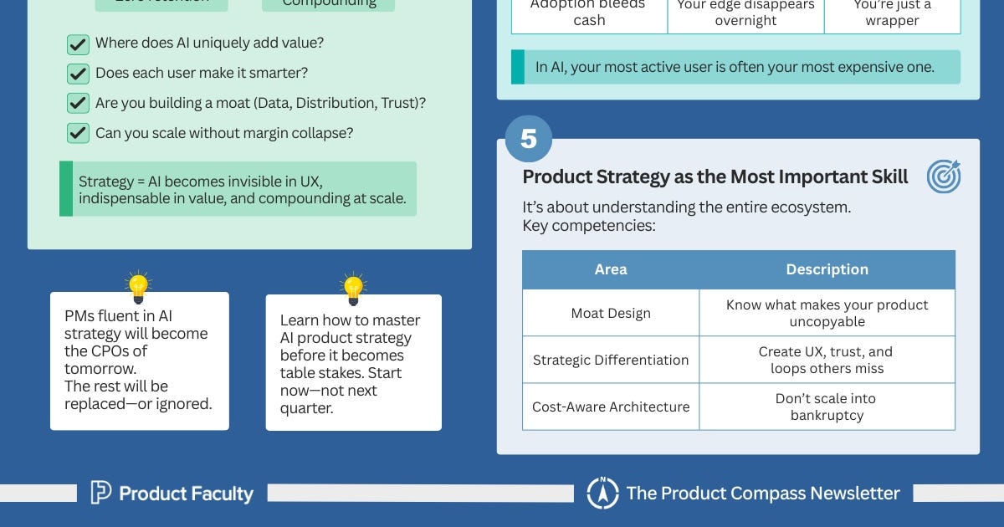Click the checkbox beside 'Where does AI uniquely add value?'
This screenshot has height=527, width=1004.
click(78, 44)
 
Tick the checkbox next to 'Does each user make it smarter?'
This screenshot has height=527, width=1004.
click(78, 74)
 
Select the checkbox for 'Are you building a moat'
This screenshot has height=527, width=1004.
click(78, 103)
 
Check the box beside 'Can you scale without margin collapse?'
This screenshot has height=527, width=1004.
click(78, 132)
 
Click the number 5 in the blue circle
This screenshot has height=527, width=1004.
click(528, 139)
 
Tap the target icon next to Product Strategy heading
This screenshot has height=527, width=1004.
click(943, 177)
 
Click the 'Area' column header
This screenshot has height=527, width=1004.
click(610, 269)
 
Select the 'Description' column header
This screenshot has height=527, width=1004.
click(827, 269)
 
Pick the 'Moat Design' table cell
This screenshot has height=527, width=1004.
click(610, 313)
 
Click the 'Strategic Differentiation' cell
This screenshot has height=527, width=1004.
click(610, 360)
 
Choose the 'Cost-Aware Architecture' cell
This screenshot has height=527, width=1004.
click(610, 407)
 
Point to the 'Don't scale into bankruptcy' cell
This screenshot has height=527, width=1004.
click(827, 407)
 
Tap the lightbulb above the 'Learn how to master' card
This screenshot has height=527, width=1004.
click(353, 289)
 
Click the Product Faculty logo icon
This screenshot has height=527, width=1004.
click(100, 493)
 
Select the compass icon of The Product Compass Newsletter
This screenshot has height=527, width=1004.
click(602, 493)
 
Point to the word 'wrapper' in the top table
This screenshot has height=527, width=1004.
click(892, 21)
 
